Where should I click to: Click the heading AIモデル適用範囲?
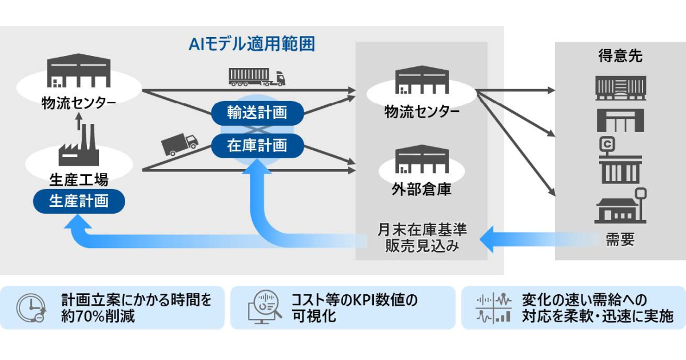click(x=252, y=44)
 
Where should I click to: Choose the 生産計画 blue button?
click(x=79, y=201)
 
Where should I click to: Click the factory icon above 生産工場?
click(x=79, y=146)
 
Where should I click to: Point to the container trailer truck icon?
click(x=257, y=77)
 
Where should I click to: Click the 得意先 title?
click(x=620, y=56)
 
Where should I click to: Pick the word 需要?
click(x=620, y=240)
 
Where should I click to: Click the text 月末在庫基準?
click(x=422, y=230)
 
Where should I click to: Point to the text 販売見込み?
click(x=422, y=246)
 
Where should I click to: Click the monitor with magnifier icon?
click(x=264, y=309)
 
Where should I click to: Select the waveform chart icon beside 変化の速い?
click(x=493, y=309)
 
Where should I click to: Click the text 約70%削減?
click(x=98, y=316)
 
